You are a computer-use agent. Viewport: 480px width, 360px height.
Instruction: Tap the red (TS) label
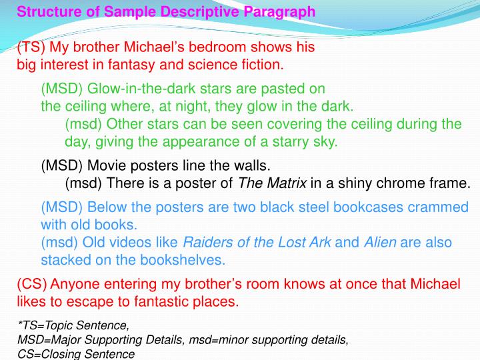click(x=31, y=48)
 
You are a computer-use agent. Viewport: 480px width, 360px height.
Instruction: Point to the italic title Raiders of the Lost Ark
click(x=257, y=242)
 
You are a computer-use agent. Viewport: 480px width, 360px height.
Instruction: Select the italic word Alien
click(x=380, y=242)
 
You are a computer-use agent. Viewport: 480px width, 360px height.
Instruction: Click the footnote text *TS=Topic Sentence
click(x=73, y=326)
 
